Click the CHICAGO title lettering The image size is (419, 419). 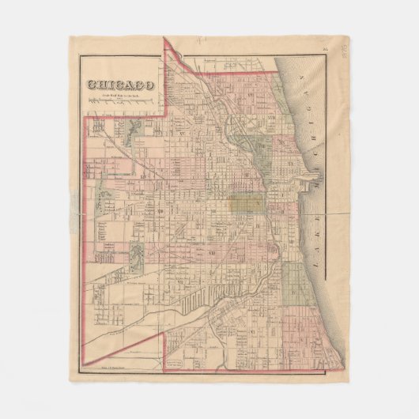pyautogui.click(x=121, y=85)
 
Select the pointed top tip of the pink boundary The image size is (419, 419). pyautogui.click(x=164, y=40)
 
